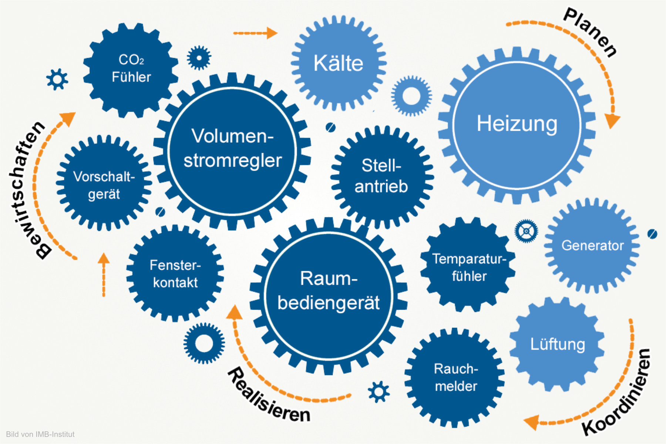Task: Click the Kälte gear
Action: tap(338, 63)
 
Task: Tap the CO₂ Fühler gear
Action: tap(131, 69)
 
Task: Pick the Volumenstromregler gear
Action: tap(232, 150)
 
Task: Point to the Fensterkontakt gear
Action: tap(175, 274)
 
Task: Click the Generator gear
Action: tap(592, 245)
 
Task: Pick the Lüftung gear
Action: tap(557, 344)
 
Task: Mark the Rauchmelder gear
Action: tap(455, 377)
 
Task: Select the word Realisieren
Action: tap(268, 396)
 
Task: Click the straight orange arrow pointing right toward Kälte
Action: tap(255, 33)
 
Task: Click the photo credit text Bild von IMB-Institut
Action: tap(40, 434)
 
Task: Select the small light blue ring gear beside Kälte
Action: tap(411, 96)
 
